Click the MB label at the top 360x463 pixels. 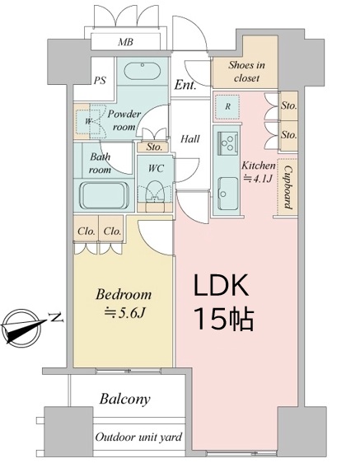[125, 42]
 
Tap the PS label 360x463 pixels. [100, 80]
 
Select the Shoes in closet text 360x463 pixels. [246, 71]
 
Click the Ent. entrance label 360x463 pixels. [185, 85]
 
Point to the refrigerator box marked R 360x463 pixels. [227, 106]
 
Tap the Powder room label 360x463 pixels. [124, 120]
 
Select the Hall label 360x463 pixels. [190, 138]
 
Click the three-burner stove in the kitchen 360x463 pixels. [227, 143]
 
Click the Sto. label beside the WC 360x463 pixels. [154, 147]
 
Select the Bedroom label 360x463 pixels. [124, 294]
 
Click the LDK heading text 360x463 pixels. [221, 286]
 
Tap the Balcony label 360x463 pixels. [124, 400]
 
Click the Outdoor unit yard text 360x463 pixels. [138, 437]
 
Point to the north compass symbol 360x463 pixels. [24, 326]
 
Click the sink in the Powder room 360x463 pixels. [142, 71]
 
